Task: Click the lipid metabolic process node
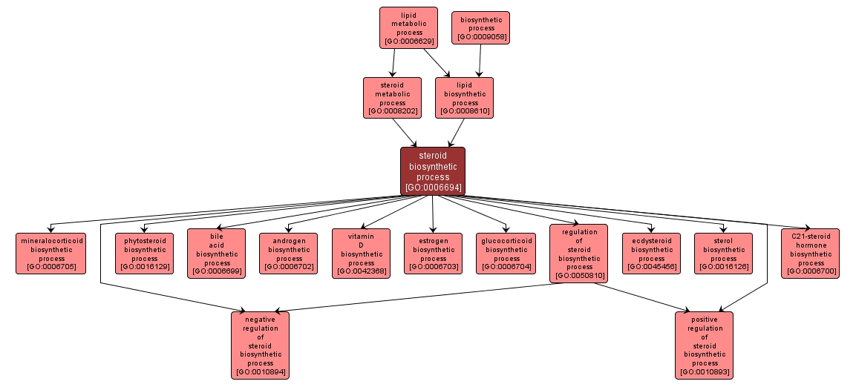(x=408, y=28)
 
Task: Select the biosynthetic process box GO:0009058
(x=481, y=28)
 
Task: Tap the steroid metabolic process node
(x=391, y=98)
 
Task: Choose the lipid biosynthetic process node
(x=464, y=98)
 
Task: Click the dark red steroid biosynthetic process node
(x=433, y=171)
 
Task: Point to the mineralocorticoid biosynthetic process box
(x=52, y=254)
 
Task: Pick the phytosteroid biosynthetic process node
(x=144, y=254)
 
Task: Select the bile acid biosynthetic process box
(x=216, y=254)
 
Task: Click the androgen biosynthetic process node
(x=288, y=254)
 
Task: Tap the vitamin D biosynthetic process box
(x=361, y=254)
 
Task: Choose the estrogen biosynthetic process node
(x=433, y=254)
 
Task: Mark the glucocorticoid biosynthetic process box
(x=506, y=254)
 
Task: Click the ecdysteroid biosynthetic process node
(x=651, y=254)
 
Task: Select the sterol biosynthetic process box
(x=723, y=254)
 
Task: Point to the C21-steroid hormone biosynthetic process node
(x=811, y=254)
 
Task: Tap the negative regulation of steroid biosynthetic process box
(x=260, y=345)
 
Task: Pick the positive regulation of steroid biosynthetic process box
(x=704, y=345)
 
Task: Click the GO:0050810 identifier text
(x=579, y=276)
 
